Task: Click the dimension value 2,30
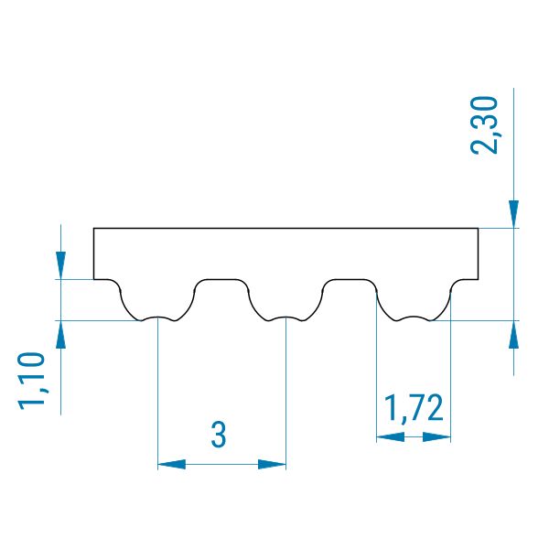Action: pos(485,125)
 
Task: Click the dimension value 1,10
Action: pos(31,381)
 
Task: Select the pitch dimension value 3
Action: pos(219,434)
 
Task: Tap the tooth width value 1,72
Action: pos(414,407)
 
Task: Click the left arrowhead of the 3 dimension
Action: pos(172,465)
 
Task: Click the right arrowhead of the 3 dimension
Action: pos(272,465)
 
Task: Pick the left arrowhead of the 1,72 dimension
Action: pos(391,437)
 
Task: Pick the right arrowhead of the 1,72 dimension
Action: pos(436,437)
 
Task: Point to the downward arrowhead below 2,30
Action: pos(513,214)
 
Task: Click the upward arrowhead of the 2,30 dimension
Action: pos(513,334)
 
